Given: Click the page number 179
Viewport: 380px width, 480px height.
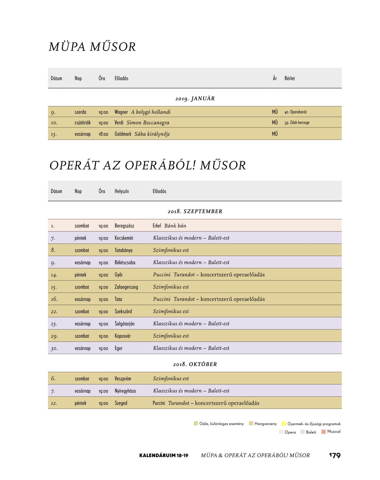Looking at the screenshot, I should (335, 455).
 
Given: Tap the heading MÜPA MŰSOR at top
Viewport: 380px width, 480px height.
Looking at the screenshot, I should (92, 47).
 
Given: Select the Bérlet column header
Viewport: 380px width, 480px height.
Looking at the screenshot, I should (289, 78).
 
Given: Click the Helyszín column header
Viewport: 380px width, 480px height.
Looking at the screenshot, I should (122, 191).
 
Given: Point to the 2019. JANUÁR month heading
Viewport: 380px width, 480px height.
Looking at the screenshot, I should (195, 99).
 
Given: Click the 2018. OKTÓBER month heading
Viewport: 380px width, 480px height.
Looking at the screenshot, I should (195, 364).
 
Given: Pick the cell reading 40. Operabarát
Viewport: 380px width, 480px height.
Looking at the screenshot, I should (295, 112).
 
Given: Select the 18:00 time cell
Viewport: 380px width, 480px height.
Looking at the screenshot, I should (103, 134).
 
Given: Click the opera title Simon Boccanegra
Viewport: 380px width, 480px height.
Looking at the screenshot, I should (148, 123).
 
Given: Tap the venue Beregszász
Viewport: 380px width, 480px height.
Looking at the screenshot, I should (124, 226).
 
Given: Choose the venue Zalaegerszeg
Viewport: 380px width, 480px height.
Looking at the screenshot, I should (126, 287).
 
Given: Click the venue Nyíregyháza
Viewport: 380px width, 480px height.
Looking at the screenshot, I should (125, 391).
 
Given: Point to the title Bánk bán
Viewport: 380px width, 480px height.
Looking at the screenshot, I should (175, 226).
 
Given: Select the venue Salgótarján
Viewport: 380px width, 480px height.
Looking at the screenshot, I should (124, 324).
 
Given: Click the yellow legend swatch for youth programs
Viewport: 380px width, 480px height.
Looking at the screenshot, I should (284, 423).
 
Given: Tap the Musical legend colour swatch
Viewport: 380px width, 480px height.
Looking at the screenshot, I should (323, 432).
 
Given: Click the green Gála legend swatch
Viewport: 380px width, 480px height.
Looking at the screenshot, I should (196, 423).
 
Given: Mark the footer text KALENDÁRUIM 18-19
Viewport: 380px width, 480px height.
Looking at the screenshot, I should (164, 455).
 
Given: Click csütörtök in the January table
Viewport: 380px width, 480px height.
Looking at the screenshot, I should (83, 123).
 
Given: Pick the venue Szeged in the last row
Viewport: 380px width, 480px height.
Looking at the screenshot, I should (121, 403).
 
